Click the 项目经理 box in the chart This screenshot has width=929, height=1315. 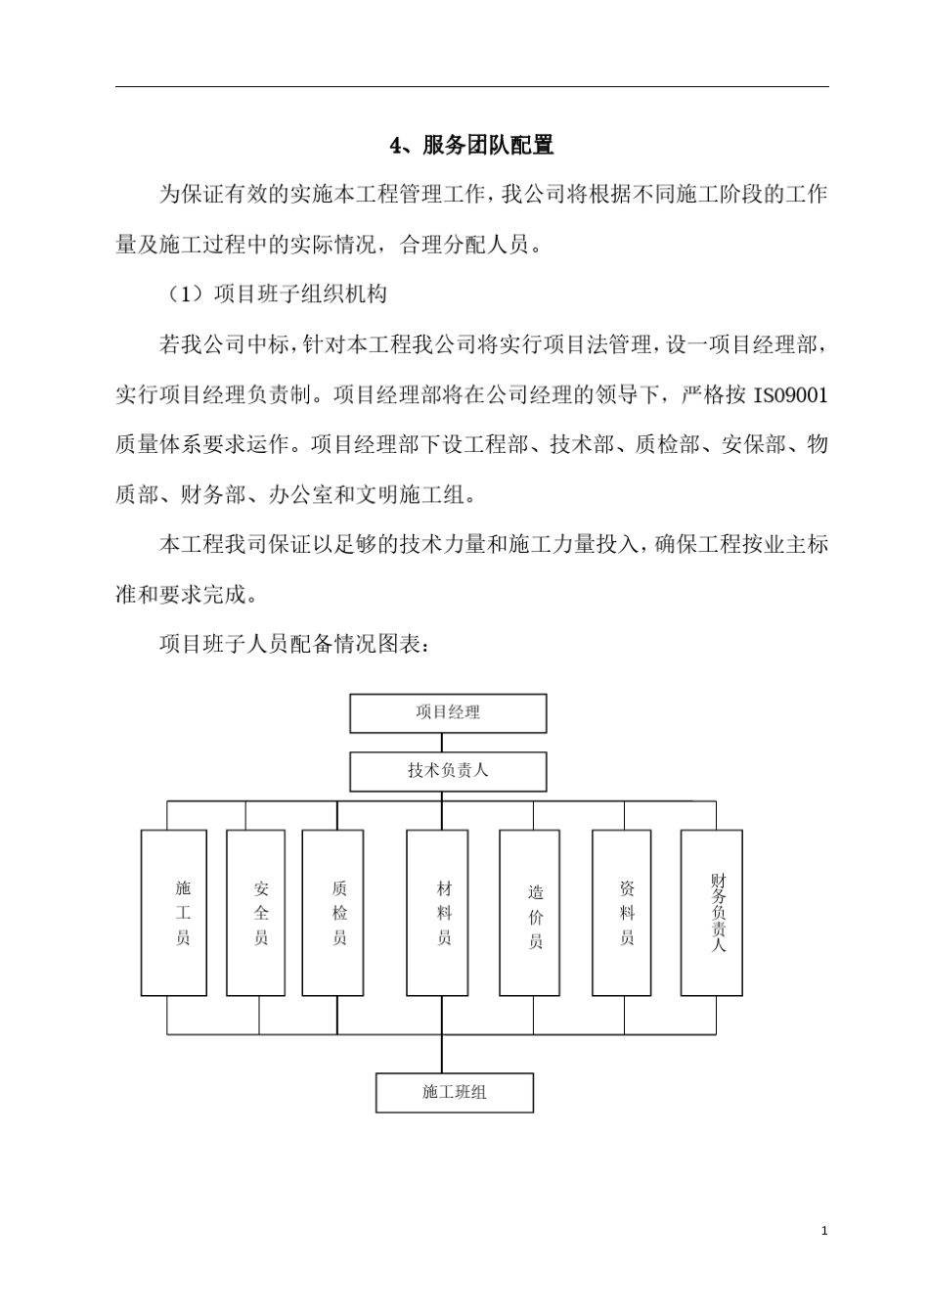click(x=448, y=713)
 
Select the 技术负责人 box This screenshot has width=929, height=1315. click(x=448, y=771)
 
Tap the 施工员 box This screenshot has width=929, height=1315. click(x=174, y=913)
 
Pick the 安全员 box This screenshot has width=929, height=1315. click(x=256, y=913)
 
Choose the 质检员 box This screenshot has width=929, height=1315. click(x=332, y=913)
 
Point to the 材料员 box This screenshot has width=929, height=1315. click(x=437, y=913)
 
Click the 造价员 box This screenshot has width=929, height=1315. click(x=530, y=913)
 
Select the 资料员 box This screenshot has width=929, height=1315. click(x=622, y=913)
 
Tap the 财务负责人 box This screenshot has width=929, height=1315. click(x=712, y=913)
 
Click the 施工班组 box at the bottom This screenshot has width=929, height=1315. click(x=455, y=1092)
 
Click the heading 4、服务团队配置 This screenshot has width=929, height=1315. click(x=471, y=146)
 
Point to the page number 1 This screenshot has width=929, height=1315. click(x=824, y=1230)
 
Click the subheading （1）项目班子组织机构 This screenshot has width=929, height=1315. click(x=275, y=294)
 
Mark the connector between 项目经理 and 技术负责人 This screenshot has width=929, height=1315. click(x=442, y=743)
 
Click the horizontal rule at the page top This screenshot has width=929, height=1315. click(x=471, y=87)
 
